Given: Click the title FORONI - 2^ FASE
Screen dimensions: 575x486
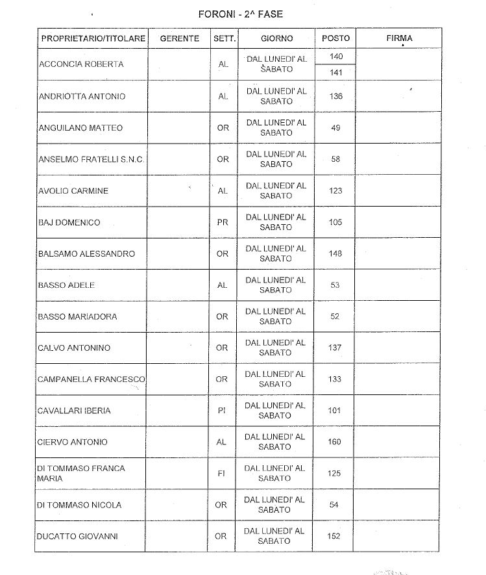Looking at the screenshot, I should [240, 14].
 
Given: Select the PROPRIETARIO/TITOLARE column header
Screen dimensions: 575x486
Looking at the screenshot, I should [93, 38].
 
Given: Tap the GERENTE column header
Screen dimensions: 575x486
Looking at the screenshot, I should [179, 38].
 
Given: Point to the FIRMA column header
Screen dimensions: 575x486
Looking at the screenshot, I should [399, 38].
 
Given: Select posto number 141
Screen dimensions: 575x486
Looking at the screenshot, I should [336, 73].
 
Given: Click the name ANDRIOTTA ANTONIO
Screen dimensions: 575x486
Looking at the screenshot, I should [82, 96].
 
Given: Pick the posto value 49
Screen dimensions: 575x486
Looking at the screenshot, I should [335, 128].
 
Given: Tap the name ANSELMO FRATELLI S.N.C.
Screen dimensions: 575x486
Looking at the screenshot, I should [91, 159].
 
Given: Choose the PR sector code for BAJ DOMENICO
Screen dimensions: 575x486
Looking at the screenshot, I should [223, 222].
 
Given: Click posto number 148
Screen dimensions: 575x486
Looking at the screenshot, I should [335, 253].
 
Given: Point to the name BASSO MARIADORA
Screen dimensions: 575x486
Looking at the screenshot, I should [77, 316].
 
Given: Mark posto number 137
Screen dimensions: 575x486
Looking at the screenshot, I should [335, 348].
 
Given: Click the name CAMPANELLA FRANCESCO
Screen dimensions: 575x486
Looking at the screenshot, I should [91, 379].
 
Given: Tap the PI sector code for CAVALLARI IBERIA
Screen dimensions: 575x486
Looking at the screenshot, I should [222, 411].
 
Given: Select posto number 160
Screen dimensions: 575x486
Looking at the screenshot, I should [335, 442].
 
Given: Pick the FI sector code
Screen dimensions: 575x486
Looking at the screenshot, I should [221, 474].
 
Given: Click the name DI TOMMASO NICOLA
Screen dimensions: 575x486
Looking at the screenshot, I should [80, 505].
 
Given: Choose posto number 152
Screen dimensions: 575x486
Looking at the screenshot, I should [334, 536].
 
